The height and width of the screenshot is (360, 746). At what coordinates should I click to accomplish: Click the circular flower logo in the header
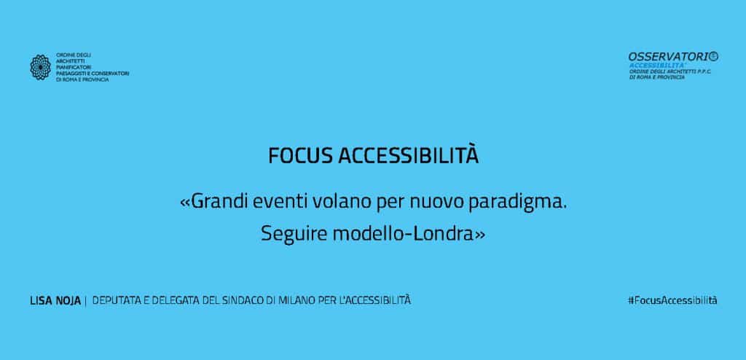tap(41, 66)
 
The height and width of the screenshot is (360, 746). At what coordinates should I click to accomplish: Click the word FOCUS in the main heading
tap(300, 156)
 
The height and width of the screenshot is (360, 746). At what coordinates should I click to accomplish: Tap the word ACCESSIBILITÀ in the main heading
tap(408, 155)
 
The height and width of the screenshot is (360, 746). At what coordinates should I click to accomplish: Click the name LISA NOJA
tap(55, 300)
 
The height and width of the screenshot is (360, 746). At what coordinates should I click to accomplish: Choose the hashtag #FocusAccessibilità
tap(672, 300)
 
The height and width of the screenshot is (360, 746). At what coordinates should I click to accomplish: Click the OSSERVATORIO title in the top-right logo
tap(673, 57)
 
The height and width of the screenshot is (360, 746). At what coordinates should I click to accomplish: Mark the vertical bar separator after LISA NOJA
tap(86, 300)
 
